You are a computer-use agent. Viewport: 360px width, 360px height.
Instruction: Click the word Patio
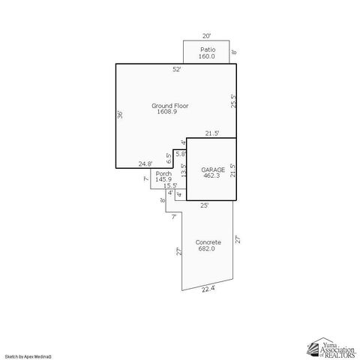pyautogui.click(x=207, y=49)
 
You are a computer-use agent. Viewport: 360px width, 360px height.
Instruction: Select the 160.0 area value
pyautogui.click(x=207, y=56)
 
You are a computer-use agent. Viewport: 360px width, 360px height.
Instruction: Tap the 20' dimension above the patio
pyautogui.click(x=206, y=35)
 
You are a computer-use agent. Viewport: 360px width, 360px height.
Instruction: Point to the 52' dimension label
pyautogui.click(x=176, y=69)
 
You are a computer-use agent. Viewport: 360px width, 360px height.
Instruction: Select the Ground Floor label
pyautogui.click(x=170, y=106)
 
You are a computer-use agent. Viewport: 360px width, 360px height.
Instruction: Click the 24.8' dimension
pyautogui.click(x=145, y=163)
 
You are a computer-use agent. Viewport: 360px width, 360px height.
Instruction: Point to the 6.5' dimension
pyautogui.click(x=169, y=158)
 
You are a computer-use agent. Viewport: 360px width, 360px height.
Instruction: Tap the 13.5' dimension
pyautogui.click(x=182, y=171)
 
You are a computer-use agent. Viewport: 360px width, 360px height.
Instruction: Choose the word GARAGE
pyautogui.click(x=211, y=169)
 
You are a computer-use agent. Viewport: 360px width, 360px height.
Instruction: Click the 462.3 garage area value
pyautogui.click(x=211, y=176)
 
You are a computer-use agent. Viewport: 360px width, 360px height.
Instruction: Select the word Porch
pyautogui.click(x=163, y=173)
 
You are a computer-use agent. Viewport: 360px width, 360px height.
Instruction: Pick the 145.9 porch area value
pyautogui.click(x=163, y=180)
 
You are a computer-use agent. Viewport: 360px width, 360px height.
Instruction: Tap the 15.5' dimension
pyautogui.click(x=169, y=186)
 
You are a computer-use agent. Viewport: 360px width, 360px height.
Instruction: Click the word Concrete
pyautogui.click(x=208, y=242)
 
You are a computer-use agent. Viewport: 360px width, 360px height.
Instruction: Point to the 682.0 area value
pyautogui.click(x=208, y=249)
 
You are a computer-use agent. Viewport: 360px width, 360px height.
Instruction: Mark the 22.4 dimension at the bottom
pyautogui.click(x=208, y=289)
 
